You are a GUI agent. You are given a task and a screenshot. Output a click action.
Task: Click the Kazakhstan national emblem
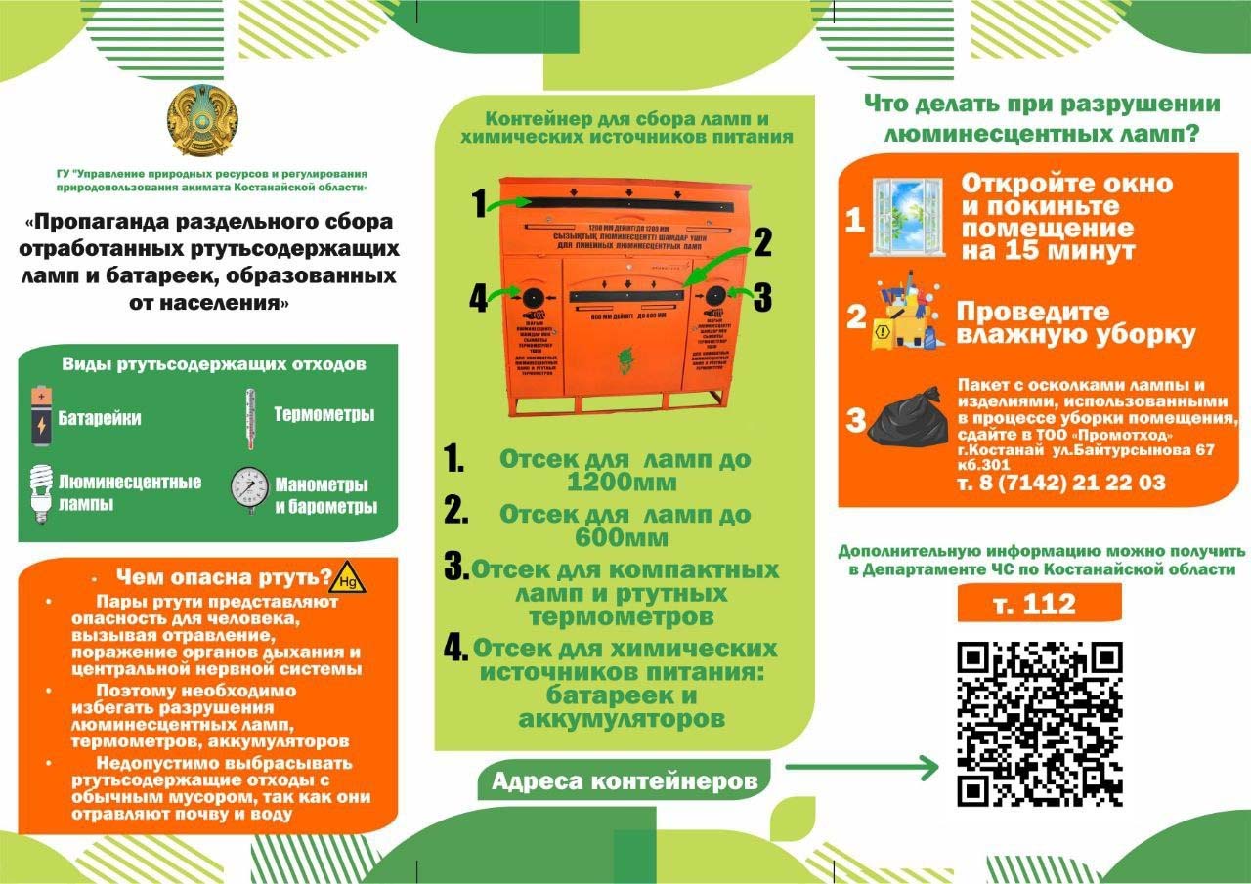click(x=202, y=121)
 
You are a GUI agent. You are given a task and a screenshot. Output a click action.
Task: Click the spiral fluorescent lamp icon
click(x=40, y=492)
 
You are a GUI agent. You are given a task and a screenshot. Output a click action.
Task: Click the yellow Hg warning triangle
click(x=348, y=578)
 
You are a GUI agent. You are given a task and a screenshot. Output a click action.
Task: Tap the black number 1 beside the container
click(x=479, y=204)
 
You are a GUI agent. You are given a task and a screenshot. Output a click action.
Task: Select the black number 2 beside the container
click(x=762, y=241)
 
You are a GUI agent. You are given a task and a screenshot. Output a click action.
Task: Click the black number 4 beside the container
click(x=478, y=298)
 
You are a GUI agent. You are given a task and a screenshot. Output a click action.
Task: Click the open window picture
click(x=910, y=216)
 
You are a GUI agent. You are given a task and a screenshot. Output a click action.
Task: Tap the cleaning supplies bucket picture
click(x=907, y=314)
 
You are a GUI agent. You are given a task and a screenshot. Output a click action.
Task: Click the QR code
click(x=1039, y=724)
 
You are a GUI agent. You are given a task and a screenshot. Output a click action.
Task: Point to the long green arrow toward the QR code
click(x=861, y=768)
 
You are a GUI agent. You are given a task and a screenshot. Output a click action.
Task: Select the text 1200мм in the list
click(x=622, y=482)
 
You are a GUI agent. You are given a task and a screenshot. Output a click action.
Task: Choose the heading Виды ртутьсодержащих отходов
click(x=214, y=365)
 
